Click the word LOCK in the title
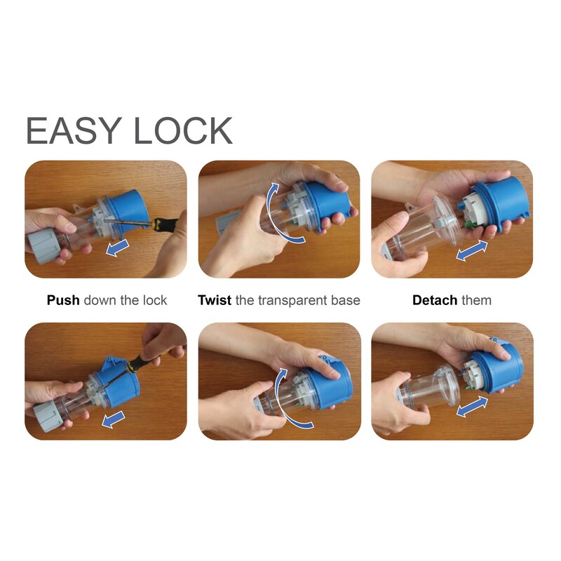(183, 130)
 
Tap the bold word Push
(63, 300)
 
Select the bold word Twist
(215, 300)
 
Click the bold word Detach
(435, 300)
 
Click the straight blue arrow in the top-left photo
(117, 248)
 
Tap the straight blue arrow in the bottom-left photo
(113, 419)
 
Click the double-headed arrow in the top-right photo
(472, 250)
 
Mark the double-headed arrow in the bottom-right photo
(472, 407)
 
